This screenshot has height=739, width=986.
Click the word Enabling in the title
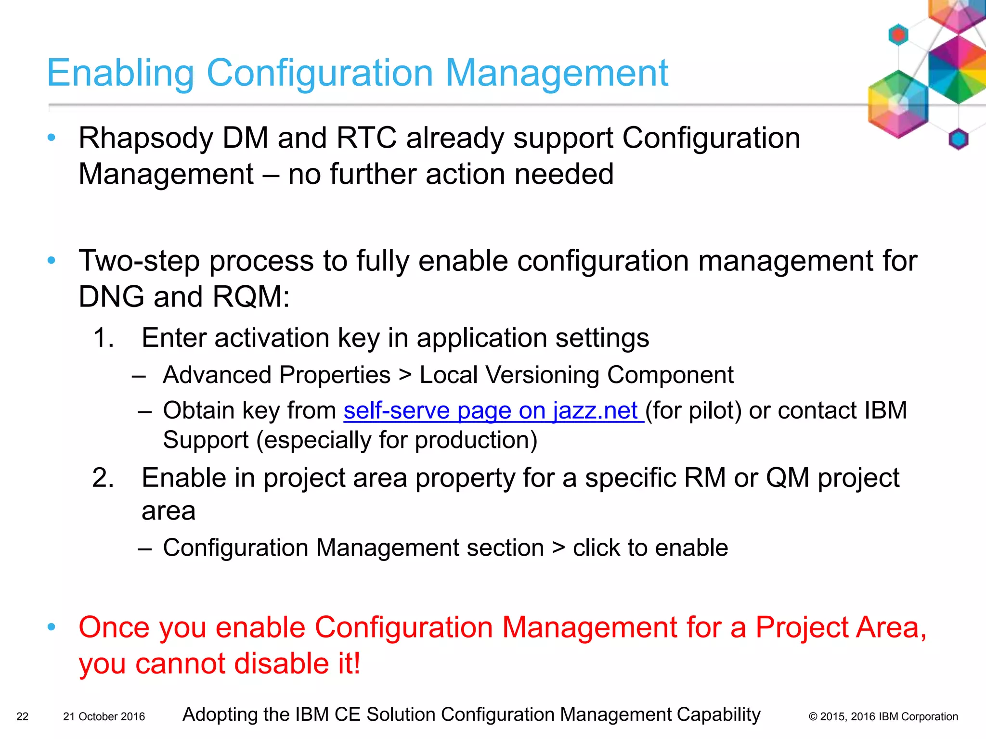(120, 74)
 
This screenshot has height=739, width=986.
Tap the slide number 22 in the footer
(22, 716)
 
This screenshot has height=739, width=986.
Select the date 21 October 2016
(104, 716)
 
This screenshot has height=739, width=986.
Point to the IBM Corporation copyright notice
(883, 716)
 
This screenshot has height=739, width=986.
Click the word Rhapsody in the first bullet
(146, 139)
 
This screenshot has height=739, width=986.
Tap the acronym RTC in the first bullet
(366, 139)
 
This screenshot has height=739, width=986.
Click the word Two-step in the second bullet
(139, 261)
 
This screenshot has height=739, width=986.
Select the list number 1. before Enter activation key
(104, 338)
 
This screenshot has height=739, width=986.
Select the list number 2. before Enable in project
(104, 478)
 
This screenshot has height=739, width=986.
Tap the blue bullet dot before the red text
(52, 626)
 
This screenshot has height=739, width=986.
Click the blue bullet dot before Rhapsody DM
(52, 138)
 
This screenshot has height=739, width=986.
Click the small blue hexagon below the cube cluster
(958, 140)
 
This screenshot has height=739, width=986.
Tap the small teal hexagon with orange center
(898, 35)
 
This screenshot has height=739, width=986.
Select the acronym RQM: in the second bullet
(251, 297)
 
